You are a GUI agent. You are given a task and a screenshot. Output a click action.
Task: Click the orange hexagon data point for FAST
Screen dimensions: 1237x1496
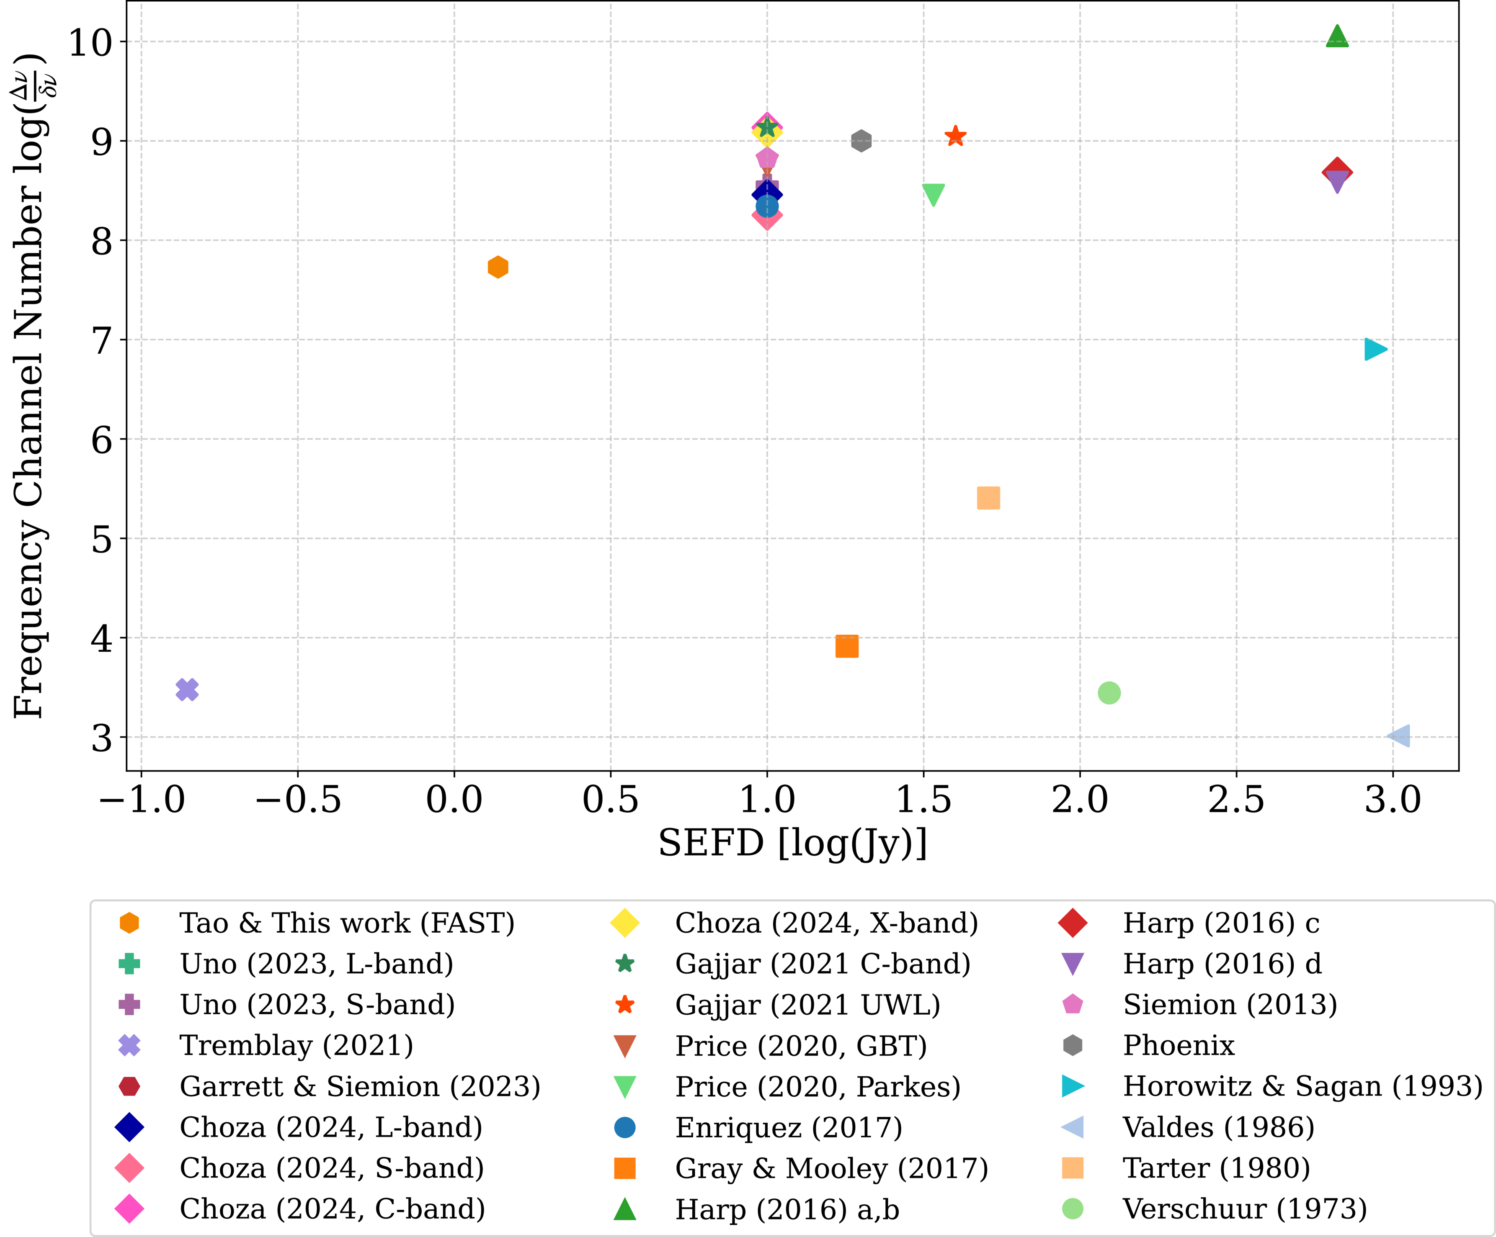coord(498,267)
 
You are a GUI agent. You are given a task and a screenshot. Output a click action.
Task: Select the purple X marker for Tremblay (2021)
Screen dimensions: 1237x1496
coord(187,689)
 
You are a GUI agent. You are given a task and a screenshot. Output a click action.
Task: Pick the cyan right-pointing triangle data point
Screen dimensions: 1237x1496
coord(1375,349)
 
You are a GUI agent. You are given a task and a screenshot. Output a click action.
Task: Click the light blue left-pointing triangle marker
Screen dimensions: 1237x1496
coord(1399,736)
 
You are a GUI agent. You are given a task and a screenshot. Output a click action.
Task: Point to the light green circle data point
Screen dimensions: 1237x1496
coord(1109,692)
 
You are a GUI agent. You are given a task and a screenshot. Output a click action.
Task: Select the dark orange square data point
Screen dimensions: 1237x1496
coord(847,646)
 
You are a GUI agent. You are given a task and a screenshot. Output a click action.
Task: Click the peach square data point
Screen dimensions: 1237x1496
coord(988,498)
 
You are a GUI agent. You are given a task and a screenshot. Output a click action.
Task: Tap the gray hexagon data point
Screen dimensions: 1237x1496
coord(861,140)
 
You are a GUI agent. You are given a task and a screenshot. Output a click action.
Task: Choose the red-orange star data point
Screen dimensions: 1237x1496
coord(955,136)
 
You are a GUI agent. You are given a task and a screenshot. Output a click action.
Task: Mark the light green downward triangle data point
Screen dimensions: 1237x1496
coord(933,194)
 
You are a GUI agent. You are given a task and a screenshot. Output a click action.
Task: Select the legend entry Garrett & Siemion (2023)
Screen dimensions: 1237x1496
coord(360,1086)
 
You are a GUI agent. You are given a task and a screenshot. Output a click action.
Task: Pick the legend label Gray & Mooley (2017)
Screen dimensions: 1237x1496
coord(831,1168)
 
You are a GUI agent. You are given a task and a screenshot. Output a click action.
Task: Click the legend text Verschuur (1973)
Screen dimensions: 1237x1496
coord(1245,1209)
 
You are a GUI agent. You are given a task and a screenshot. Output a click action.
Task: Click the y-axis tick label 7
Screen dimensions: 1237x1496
coord(102,340)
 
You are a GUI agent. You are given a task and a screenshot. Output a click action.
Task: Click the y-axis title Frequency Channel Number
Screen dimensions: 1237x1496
coord(30,385)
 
